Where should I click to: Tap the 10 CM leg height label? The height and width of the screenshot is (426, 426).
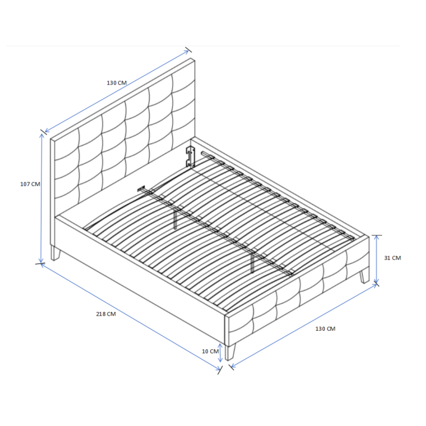point(211,351)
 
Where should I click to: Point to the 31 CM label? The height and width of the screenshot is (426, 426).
point(392,258)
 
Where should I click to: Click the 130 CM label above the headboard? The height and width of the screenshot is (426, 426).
point(117,83)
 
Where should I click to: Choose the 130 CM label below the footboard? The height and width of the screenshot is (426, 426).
point(325,329)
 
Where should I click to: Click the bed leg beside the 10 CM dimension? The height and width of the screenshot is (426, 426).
point(230,351)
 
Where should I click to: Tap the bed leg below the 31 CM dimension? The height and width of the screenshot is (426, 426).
point(364,276)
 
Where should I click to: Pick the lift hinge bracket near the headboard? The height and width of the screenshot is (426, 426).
point(189,155)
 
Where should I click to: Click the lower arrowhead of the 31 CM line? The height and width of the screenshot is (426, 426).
point(377,283)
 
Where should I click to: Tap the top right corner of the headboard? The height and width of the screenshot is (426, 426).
point(193,60)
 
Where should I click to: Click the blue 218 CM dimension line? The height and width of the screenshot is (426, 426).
point(130,317)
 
